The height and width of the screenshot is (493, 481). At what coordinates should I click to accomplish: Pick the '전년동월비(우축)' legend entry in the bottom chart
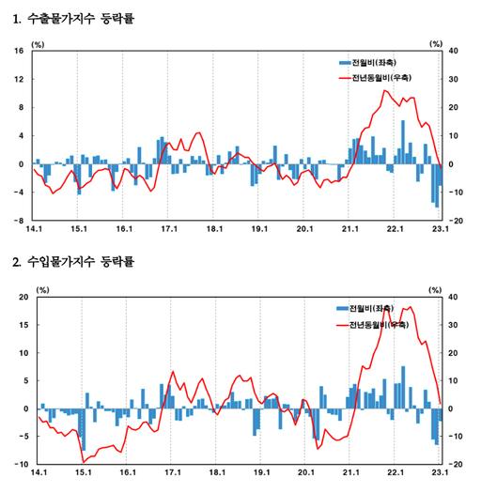click(x=380, y=324)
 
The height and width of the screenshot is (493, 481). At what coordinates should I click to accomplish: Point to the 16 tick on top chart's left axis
click(x=19, y=51)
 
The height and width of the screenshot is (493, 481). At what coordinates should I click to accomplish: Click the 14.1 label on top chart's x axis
click(x=34, y=228)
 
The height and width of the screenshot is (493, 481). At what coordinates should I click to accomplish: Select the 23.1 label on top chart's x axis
click(x=440, y=228)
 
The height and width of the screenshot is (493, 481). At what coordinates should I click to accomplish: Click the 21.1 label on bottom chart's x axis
click(x=351, y=473)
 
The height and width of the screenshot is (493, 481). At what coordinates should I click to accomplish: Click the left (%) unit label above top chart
click(x=39, y=42)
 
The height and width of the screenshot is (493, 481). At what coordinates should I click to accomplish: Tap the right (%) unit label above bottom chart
click(x=435, y=289)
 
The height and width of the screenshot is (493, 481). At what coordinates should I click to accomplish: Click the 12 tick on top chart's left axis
click(x=19, y=79)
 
